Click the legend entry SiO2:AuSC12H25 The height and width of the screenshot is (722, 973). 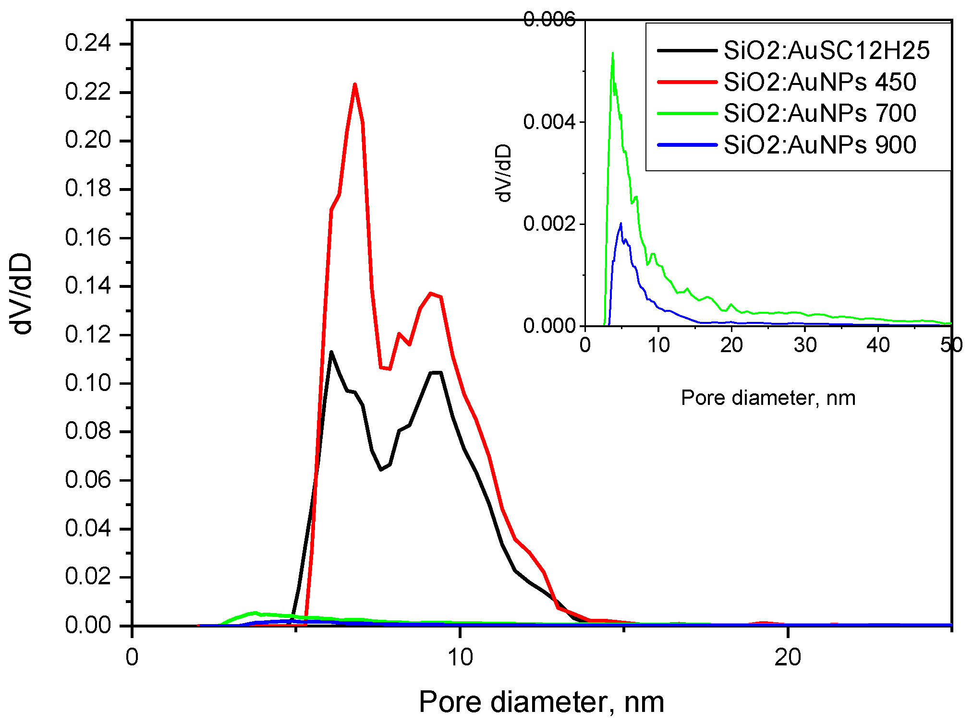[x=826, y=50]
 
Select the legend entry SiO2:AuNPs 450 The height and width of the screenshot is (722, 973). [x=819, y=82]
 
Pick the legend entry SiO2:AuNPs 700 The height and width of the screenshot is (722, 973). [x=819, y=113]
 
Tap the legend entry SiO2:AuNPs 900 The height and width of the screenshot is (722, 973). [x=819, y=145]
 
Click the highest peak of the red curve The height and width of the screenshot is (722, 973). [x=355, y=84]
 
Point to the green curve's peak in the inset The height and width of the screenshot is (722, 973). [x=613, y=53]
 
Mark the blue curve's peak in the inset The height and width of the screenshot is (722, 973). [x=621, y=224]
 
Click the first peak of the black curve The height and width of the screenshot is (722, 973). [x=331, y=352]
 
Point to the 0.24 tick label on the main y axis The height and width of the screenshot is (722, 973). [x=88, y=43]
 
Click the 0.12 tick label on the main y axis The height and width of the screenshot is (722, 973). [x=88, y=334]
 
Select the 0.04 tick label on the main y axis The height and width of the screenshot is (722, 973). [x=88, y=528]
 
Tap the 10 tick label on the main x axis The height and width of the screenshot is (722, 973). [x=460, y=657]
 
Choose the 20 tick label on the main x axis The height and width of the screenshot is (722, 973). [x=788, y=657]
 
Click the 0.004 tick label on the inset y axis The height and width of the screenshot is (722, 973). [x=549, y=122]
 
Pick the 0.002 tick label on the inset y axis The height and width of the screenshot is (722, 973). [x=549, y=224]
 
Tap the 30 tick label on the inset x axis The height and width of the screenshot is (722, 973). [x=805, y=345]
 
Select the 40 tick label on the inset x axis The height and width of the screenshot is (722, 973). [x=878, y=345]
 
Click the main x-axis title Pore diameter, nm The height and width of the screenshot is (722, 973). [x=541, y=702]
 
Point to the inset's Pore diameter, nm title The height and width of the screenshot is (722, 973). [x=768, y=398]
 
